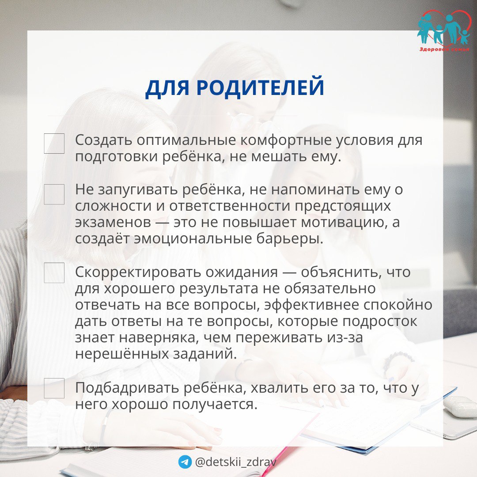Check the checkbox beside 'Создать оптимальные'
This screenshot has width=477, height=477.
54,143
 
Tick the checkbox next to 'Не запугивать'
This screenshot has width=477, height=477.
54,194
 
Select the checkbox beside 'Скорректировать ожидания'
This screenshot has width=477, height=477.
54,273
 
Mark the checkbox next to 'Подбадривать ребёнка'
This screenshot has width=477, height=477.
54,388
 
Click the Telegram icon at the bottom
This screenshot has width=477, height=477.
185,462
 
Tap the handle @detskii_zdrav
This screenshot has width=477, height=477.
235,462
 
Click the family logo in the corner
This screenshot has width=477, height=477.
443,30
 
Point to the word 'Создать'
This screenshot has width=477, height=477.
103,140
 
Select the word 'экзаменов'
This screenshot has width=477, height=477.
113,222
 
